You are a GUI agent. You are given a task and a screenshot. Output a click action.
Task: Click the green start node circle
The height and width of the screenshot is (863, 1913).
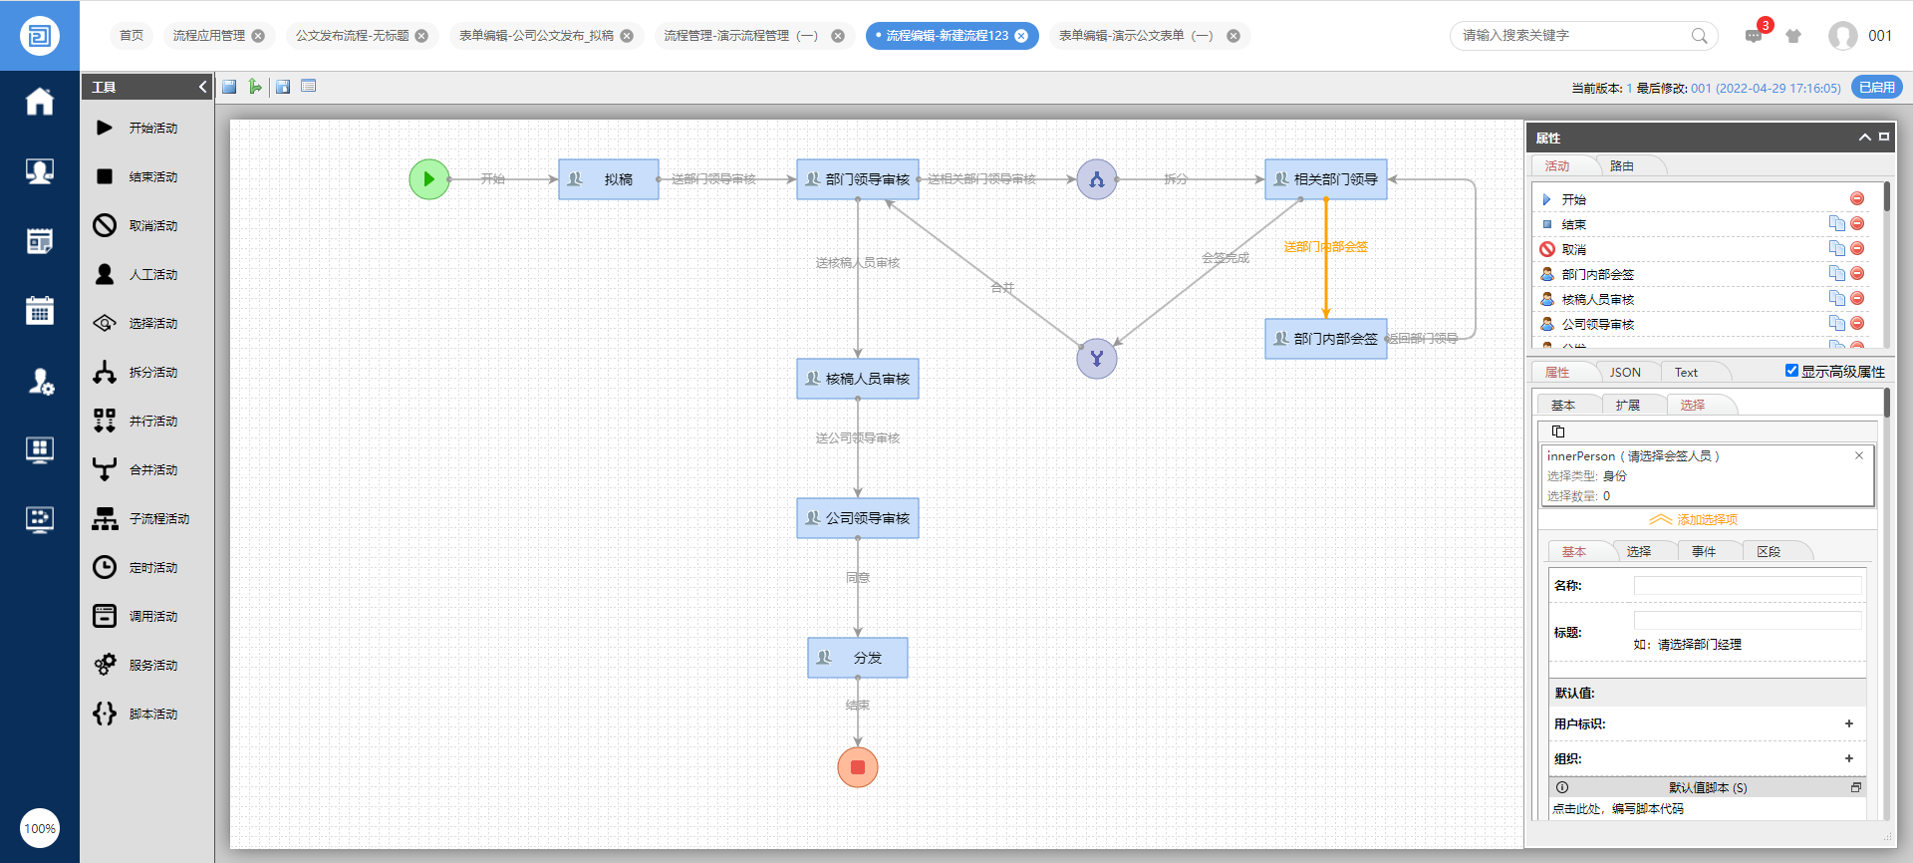point(428,179)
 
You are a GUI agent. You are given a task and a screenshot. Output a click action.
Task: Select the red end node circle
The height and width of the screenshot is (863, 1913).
point(857,767)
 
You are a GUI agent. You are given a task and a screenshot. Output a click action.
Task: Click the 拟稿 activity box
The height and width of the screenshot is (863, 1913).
point(608,179)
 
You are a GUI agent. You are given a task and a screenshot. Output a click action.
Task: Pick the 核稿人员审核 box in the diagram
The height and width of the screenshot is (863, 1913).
point(857,379)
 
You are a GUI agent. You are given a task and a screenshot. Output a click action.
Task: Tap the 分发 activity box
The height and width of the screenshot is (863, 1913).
point(857,658)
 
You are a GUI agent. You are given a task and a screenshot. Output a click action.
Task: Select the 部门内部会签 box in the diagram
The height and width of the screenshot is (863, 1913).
point(1325,339)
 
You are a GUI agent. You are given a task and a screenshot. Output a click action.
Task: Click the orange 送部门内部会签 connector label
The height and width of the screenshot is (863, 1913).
point(1325,247)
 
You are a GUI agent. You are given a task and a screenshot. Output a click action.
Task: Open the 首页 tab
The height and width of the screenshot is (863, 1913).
point(132,36)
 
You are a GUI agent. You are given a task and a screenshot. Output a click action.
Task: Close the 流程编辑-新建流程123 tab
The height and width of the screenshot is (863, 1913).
point(1021,36)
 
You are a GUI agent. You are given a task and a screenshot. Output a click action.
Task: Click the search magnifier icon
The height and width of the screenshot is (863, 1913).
point(1699,36)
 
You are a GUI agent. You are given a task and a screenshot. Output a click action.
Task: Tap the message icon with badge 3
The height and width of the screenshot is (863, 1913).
point(1754,36)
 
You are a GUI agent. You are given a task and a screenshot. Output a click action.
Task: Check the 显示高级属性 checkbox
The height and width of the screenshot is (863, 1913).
point(1791,371)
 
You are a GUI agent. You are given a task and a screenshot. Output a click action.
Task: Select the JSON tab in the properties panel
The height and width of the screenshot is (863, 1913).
point(1625,373)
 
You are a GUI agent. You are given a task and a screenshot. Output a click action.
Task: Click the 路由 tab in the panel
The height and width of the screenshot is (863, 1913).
point(1622,166)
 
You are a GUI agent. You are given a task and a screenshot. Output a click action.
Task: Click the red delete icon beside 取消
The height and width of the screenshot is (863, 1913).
point(1857,249)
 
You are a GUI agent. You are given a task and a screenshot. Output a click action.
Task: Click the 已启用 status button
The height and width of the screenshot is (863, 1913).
point(1877,88)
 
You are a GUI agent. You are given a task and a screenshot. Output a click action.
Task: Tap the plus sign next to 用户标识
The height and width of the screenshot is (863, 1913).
point(1849,724)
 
